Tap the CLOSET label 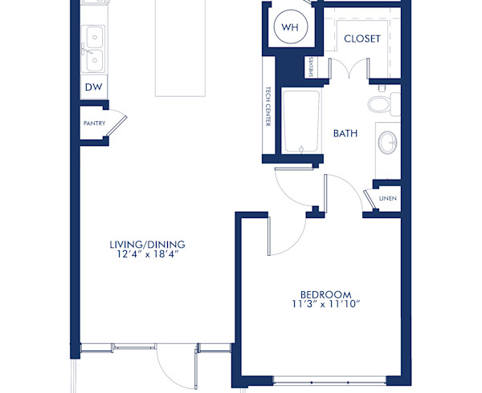[361, 38]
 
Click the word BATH [345, 133]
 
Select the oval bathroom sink [387, 143]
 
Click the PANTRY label [94, 124]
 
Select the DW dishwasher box [92, 87]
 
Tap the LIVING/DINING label [147, 244]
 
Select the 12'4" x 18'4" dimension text [147, 254]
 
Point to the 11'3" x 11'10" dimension [321, 304]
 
